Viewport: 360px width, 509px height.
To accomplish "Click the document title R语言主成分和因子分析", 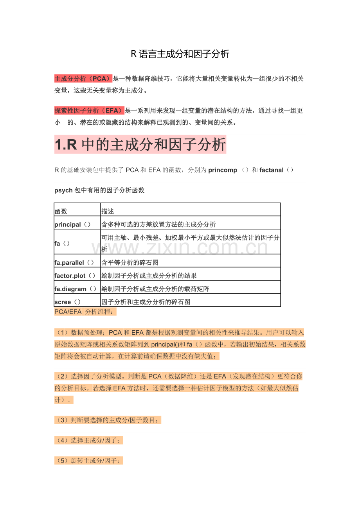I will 180,54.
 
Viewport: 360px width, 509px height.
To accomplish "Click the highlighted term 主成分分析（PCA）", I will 83,79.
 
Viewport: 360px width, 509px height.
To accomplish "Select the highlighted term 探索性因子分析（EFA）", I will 89,111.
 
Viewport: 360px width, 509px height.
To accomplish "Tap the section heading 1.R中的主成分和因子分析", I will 140,145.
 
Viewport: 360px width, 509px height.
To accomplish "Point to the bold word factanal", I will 271,170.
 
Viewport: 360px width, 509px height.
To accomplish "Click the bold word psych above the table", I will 63,190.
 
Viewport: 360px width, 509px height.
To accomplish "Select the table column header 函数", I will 61,211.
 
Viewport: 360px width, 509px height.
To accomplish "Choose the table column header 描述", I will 108,211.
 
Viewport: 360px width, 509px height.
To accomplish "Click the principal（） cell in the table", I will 73,224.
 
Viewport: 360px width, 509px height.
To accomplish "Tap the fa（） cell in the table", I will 62,243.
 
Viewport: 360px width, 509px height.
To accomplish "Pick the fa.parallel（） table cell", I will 74,263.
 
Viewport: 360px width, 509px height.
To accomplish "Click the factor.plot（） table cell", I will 75,276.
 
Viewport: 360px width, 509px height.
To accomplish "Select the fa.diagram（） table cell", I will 76,289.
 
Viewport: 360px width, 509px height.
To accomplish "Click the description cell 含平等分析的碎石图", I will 130,263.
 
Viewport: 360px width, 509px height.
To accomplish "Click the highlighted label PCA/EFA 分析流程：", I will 85,312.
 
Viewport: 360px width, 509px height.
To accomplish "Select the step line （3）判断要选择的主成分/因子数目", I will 108,420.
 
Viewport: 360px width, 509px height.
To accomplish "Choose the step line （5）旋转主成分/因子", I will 89,461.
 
